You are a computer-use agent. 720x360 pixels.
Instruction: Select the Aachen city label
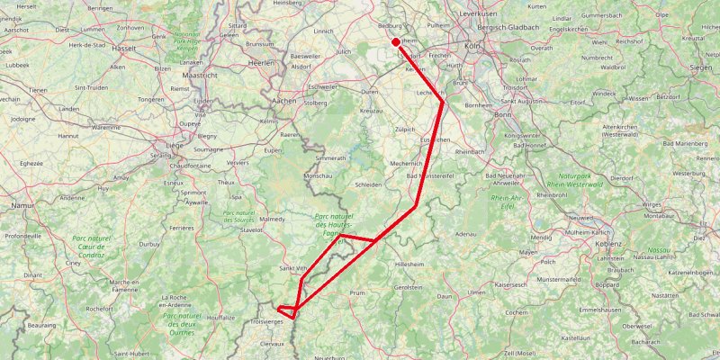[283, 103]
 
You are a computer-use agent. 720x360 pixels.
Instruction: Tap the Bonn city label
[503, 115]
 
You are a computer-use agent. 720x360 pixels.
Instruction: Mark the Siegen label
[701, 67]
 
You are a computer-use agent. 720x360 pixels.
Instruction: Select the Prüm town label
[358, 292]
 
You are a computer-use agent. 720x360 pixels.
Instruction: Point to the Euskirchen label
[436, 140]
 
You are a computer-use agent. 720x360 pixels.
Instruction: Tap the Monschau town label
[320, 175]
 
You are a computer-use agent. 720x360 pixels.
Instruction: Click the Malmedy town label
[272, 219]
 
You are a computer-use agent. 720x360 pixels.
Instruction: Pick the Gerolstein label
[408, 287]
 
